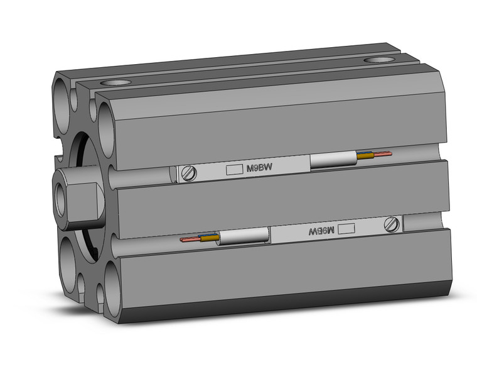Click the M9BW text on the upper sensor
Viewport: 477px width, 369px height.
260,168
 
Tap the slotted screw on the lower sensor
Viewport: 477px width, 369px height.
392,223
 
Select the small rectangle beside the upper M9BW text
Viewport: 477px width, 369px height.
233,169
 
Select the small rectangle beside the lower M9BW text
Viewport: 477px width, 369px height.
346,229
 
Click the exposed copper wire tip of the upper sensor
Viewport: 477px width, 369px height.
384,153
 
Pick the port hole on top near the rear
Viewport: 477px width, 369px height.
377,60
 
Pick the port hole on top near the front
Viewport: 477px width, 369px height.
115,82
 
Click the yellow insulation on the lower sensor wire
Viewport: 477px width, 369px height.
209,238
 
